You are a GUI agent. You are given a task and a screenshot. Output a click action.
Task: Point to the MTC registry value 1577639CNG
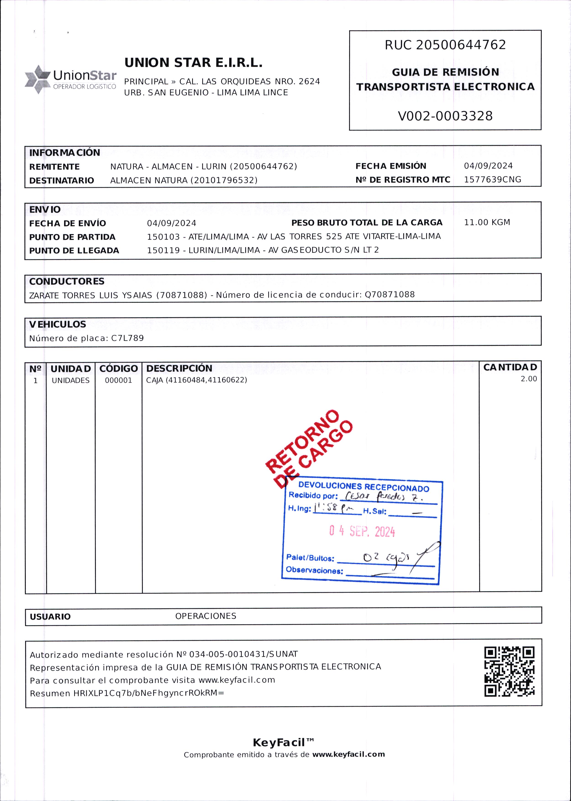pyautogui.click(x=492, y=180)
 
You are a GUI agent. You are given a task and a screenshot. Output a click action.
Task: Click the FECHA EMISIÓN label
pyautogui.click(x=391, y=166)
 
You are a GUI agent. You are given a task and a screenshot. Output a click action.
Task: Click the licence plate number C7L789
pyautogui.click(x=127, y=338)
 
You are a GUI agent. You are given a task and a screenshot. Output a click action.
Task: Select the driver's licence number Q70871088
pyautogui.click(x=389, y=295)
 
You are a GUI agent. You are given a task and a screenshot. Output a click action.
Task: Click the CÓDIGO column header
pyautogui.click(x=118, y=369)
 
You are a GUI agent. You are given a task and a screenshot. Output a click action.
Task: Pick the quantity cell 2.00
pyautogui.click(x=529, y=379)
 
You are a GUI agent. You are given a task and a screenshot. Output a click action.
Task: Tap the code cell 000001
pyautogui.click(x=118, y=380)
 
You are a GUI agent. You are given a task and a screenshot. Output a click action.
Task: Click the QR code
pyautogui.click(x=509, y=671)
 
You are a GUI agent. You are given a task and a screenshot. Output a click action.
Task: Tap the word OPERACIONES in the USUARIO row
pyautogui.click(x=206, y=616)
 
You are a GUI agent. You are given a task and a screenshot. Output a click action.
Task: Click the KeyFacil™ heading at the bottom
pyautogui.click(x=283, y=743)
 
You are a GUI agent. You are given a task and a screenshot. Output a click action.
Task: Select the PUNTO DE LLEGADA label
pyautogui.click(x=74, y=251)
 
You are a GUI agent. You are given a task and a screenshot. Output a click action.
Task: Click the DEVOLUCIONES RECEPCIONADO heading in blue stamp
pyautogui.click(x=363, y=487)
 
